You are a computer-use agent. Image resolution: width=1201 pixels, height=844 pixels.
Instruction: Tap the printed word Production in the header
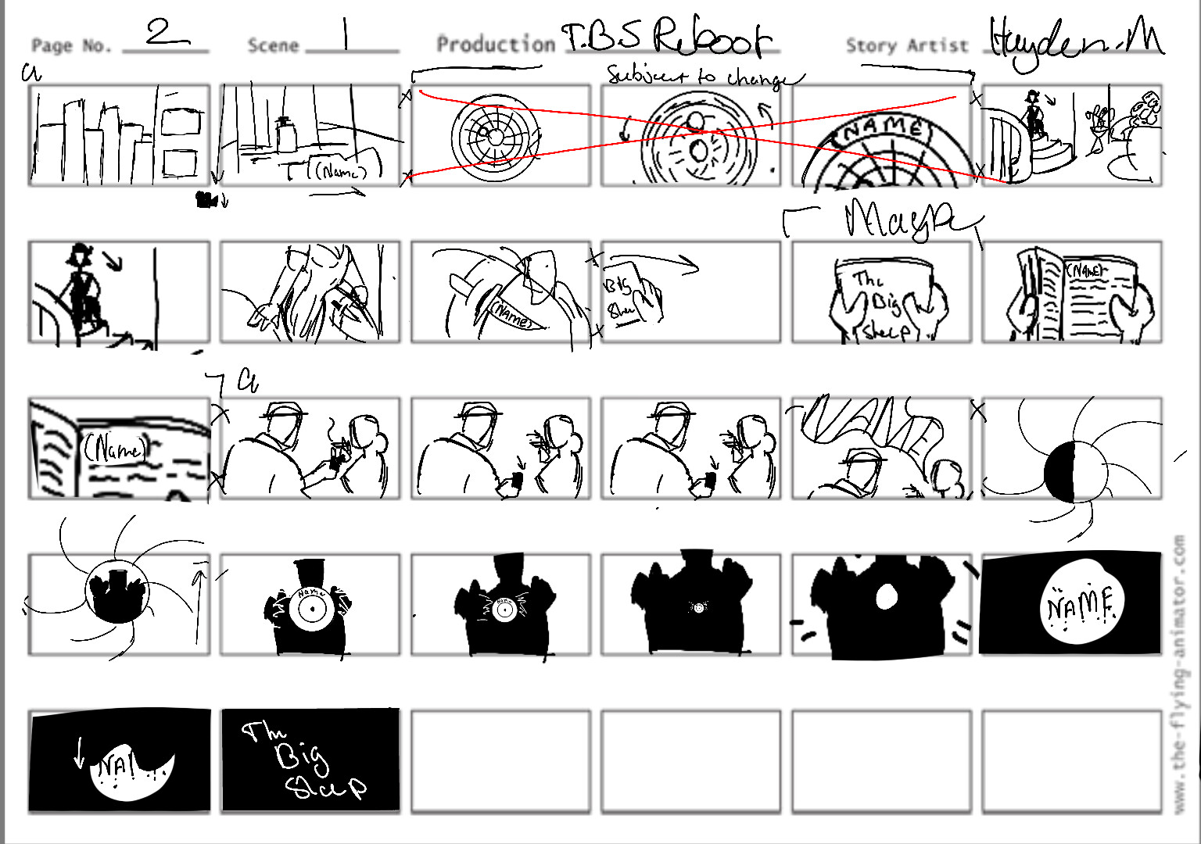pyautogui.click(x=496, y=45)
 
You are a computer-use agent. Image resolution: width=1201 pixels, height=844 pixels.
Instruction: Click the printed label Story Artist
pyautogui.click(x=906, y=46)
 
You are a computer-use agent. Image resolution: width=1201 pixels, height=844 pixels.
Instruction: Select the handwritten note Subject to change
pyautogui.click(x=704, y=77)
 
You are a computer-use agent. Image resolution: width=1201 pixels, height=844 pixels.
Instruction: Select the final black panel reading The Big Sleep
pyautogui.click(x=310, y=760)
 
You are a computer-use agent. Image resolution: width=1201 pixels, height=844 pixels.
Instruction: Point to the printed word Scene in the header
pyautogui.click(x=273, y=46)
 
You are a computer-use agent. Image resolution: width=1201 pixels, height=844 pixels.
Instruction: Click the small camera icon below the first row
pyautogui.click(x=207, y=201)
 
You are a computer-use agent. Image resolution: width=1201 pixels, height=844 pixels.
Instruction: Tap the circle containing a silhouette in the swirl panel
pyautogui.click(x=117, y=591)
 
